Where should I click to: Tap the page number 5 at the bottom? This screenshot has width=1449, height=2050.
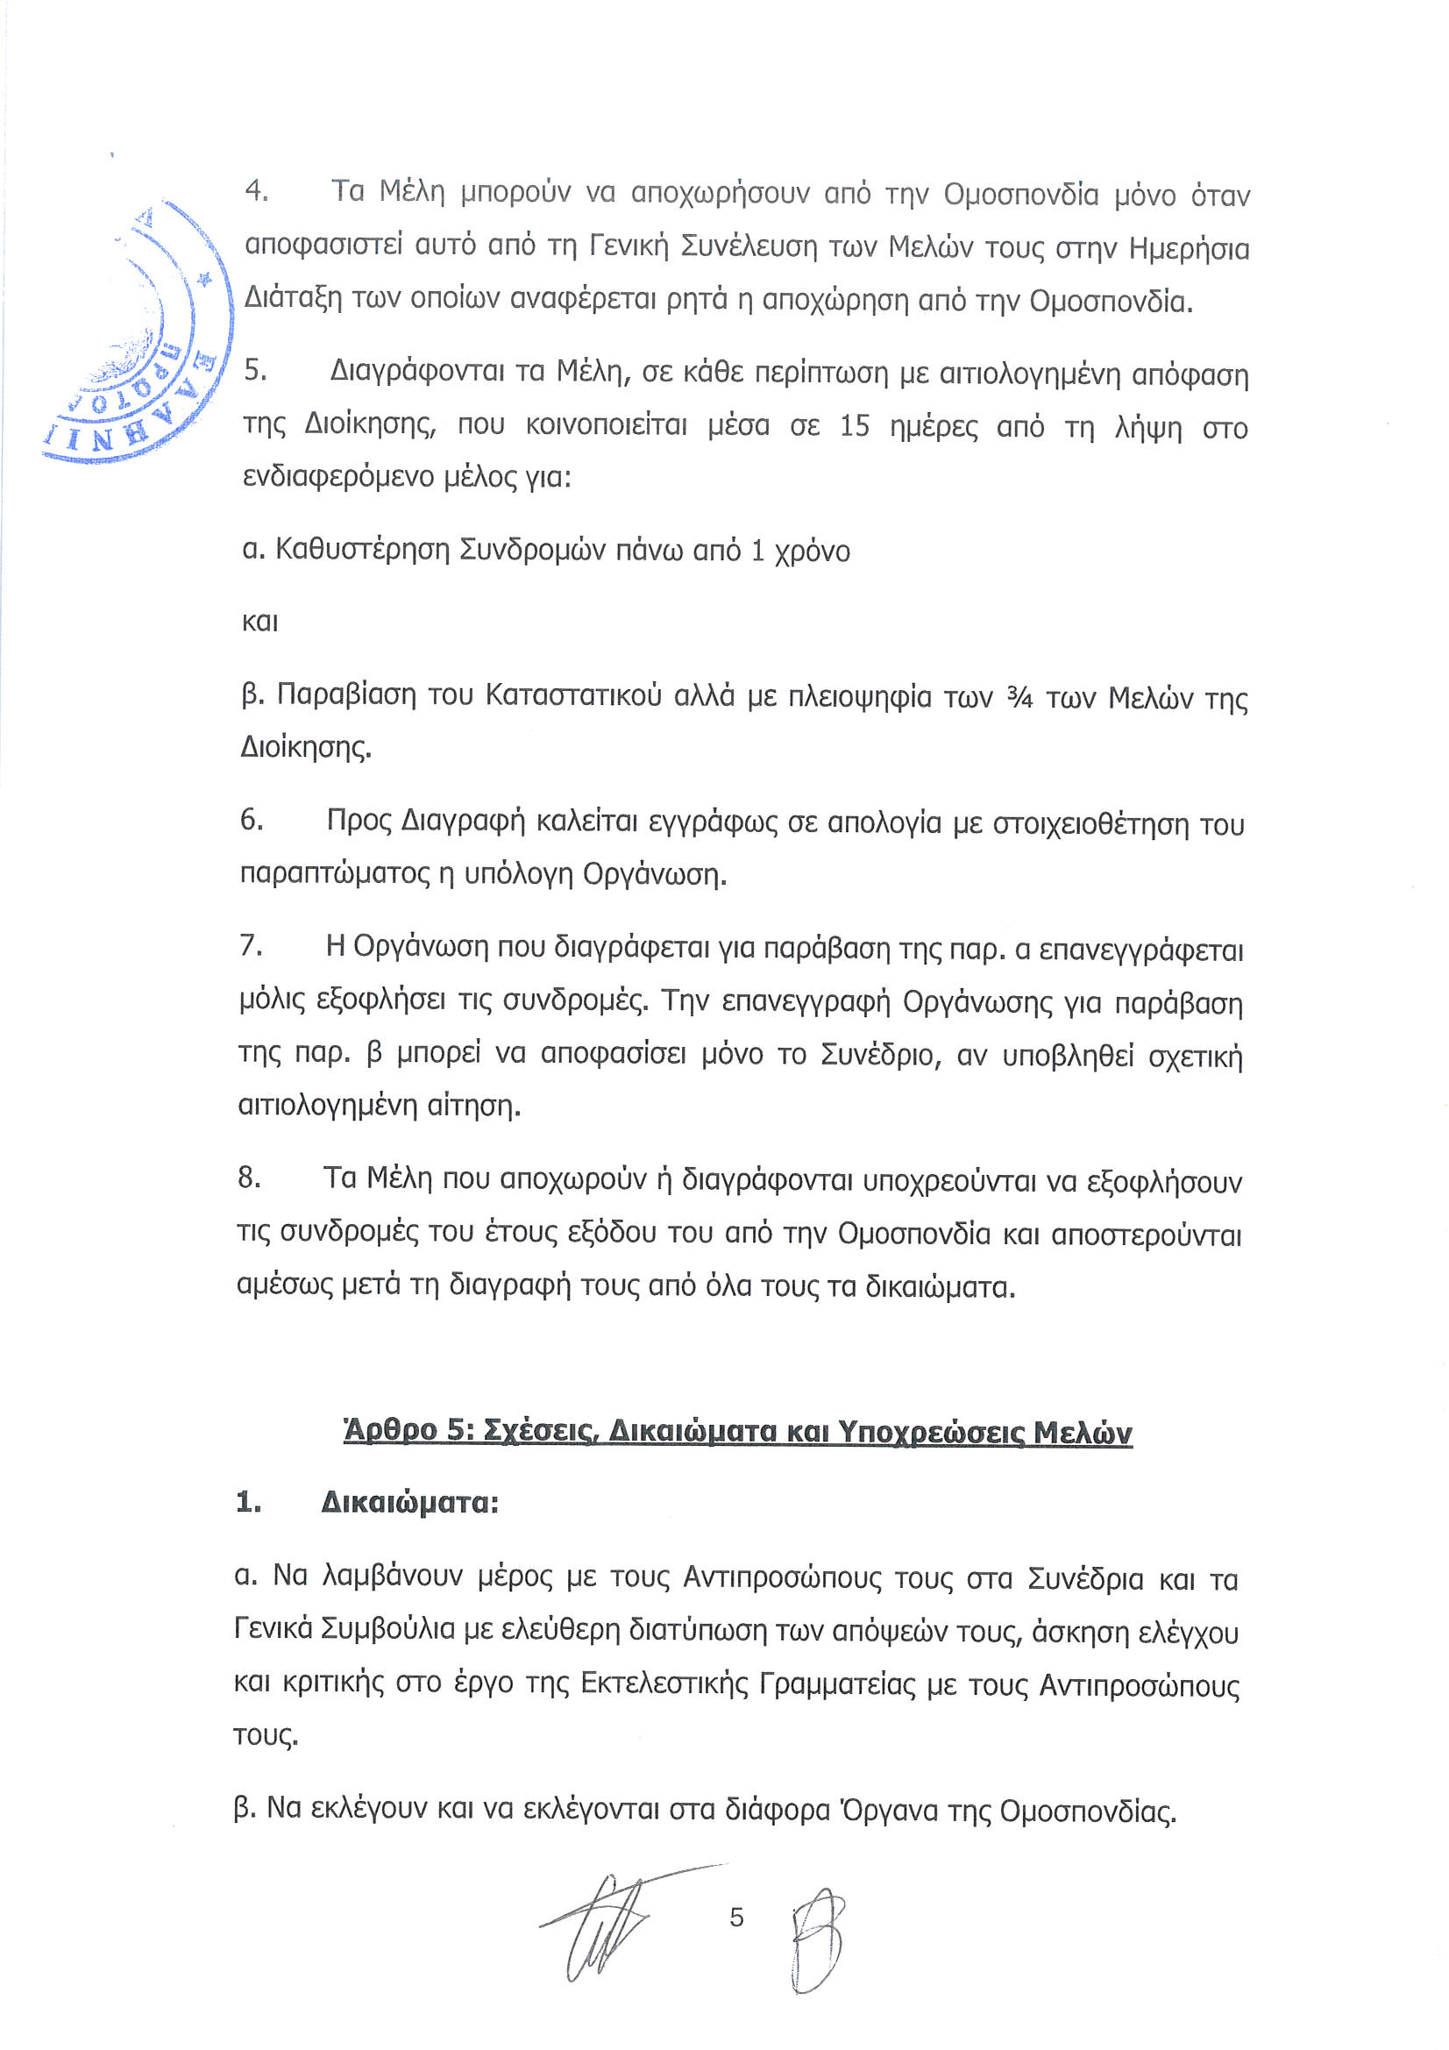[x=736, y=1917]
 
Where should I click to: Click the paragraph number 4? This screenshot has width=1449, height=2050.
[x=256, y=191]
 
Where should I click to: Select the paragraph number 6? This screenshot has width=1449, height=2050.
[x=251, y=819]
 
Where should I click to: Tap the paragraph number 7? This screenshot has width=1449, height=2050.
[x=250, y=944]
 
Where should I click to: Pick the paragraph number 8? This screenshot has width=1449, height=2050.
[x=249, y=1178]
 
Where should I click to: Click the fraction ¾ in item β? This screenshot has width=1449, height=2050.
[x=1019, y=697]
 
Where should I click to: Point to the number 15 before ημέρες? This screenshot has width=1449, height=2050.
[x=855, y=426]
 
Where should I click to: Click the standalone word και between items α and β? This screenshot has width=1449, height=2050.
[x=259, y=622]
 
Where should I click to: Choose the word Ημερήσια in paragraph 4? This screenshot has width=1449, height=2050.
[x=1190, y=247]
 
